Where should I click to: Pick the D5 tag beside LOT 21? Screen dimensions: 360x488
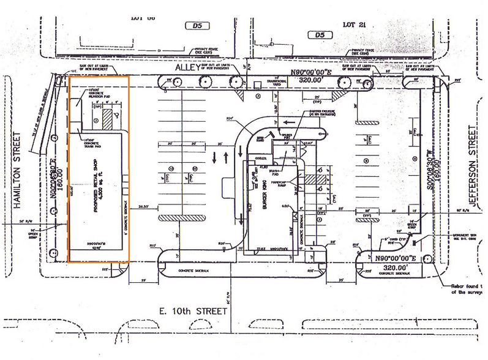click(318, 36)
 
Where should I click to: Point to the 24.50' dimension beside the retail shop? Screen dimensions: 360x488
click(145, 206)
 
